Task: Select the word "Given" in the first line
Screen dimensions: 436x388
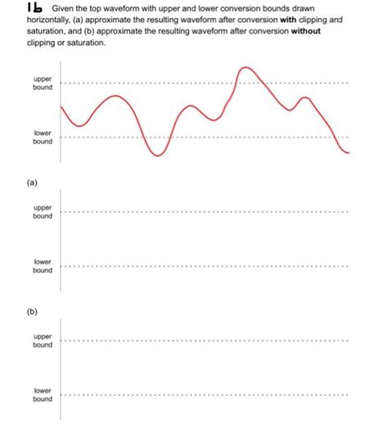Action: tap(64, 9)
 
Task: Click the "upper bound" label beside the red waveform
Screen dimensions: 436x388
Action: tap(43, 83)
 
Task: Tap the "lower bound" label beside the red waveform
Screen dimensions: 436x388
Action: tap(43, 137)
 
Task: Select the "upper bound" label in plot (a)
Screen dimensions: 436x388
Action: tap(43, 213)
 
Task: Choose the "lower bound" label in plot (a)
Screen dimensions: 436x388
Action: tap(43, 266)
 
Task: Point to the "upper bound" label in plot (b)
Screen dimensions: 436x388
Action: tap(43, 340)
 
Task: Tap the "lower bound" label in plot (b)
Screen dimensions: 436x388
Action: tap(43, 395)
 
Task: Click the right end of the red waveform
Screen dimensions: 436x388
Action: tap(349, 153)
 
